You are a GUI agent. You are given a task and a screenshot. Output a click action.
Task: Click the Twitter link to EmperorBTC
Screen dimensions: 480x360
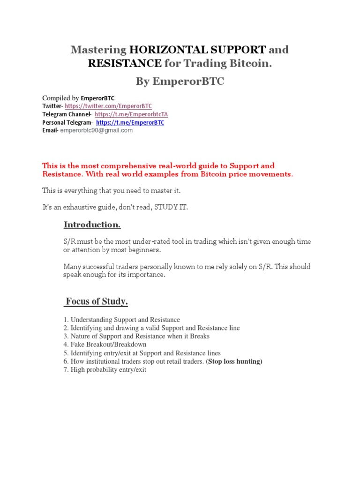tap(108, 106)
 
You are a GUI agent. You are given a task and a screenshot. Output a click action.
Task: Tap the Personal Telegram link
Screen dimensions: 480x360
tap(130, 122)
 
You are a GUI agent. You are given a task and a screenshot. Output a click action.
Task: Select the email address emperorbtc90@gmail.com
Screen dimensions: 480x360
tap(97, 130)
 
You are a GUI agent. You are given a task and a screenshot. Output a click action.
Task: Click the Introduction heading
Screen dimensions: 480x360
tap(92, 225)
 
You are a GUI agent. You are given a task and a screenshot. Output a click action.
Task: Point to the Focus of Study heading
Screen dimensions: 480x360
tap(96, 301)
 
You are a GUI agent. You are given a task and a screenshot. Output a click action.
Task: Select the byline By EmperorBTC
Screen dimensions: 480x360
tap(180, 82)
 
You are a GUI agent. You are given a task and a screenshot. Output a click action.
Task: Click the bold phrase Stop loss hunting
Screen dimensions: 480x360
tap(234, 361)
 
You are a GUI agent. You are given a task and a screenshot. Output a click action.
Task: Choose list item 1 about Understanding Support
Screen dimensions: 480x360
tap(121, 320)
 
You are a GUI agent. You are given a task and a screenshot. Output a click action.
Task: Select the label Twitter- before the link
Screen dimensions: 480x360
tap(52, 106)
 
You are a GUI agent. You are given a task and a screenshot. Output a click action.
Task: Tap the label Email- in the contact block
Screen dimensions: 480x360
tap(50, 130)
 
